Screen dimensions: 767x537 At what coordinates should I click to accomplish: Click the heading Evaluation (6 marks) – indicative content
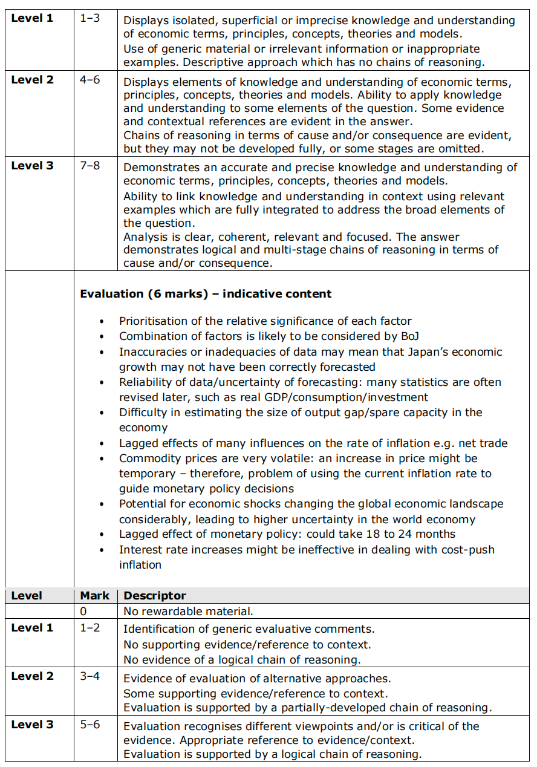pos(206,294)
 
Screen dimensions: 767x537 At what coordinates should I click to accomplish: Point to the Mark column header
pos(95,596)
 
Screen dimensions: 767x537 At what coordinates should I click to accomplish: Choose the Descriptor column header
pos(155,596)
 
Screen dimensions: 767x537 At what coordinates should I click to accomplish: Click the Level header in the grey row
pos(27,596)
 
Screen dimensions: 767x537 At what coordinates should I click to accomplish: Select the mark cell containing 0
pos(84,612)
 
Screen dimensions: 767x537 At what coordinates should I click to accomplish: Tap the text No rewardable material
pos(189,612)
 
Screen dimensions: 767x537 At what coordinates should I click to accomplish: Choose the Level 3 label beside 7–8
pos(32,166)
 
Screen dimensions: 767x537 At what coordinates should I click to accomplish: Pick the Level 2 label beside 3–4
pos(32,676)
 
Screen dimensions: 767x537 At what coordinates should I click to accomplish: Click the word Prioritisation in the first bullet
pos(152,321)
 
